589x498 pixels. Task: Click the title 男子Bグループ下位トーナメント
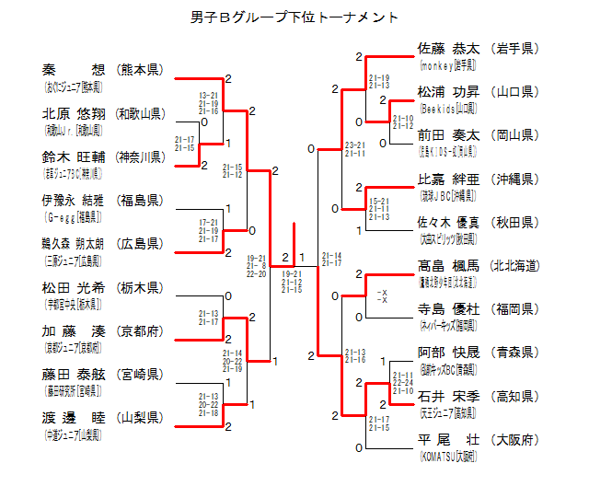(294, 17)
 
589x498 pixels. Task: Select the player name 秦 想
(74, 70)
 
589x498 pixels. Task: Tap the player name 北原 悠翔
(74, 114)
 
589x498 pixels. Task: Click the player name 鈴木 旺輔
(74, 156)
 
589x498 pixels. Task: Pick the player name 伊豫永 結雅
(74, 200)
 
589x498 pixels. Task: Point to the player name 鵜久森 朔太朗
(74, 243)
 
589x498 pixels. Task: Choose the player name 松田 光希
(74, 287)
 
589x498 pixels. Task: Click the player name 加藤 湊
(74, 330)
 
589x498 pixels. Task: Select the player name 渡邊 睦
(74, 417)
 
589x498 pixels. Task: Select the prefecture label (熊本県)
(140, 70)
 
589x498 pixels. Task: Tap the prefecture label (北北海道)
(515, 265)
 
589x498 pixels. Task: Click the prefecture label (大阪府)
(515, 439)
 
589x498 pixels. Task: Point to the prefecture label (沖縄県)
(515, 179)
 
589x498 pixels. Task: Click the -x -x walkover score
(382, 296)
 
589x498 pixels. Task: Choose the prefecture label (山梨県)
(140, 417)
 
